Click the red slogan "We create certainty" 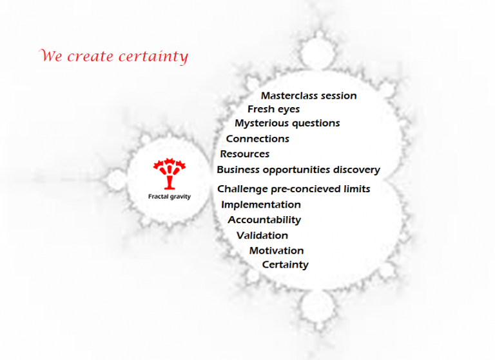click(113, 56)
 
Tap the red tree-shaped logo click(170, 174)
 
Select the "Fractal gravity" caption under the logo click(170, 197)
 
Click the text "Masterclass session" click(309, 95)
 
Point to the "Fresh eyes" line click(274, 110)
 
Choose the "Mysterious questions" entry click(287, 123)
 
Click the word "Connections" click(258, 139)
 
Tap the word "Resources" click(245, 154)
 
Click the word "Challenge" click(242, 189)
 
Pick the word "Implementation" click(261, 205)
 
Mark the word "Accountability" click(264, 220)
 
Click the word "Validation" click(262, 235)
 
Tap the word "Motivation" click(277, 250)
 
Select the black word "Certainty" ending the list click(286, 265)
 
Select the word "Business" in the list click(238, 170)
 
